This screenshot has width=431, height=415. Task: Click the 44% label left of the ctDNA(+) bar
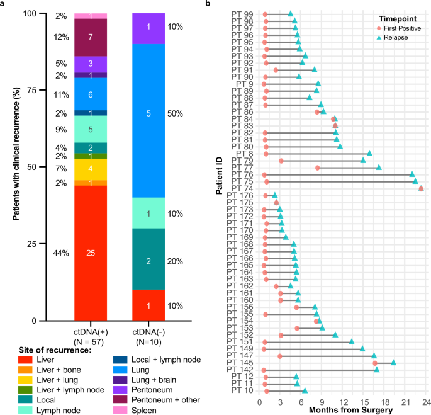pyautogui.click(x=61, y=253)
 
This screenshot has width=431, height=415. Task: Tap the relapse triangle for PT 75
pyautogui.click(x=415, y=181)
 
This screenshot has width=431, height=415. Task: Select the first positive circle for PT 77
pyautogui.click(x=318, y=168)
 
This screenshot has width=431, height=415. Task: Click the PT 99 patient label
pyautogui.click(x=243, y=14)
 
